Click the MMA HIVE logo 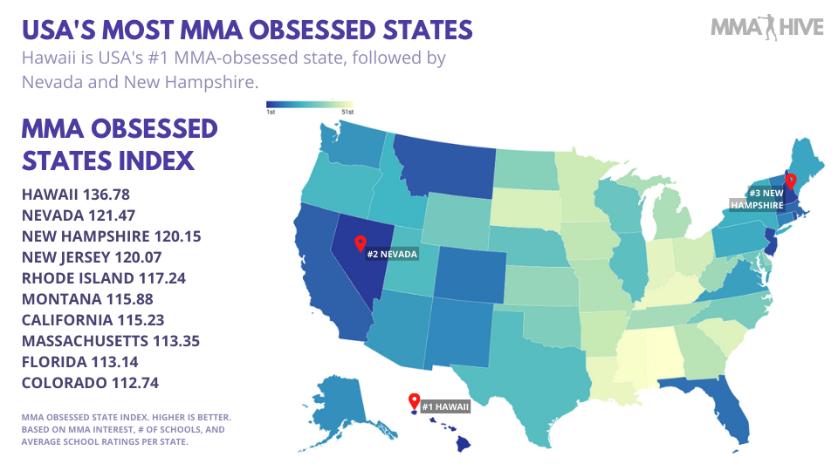pos(766,28)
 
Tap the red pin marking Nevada pos(359,242)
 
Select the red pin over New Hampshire pos(790,181)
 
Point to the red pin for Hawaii pos(414,401)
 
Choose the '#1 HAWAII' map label pos(445,406)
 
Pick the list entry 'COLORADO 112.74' pos(90,383)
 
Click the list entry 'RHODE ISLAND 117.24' pos(104,278)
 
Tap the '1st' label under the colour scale pos(271,113)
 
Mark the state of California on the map pos(319,262)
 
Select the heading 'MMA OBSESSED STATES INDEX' pos(120,145)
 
